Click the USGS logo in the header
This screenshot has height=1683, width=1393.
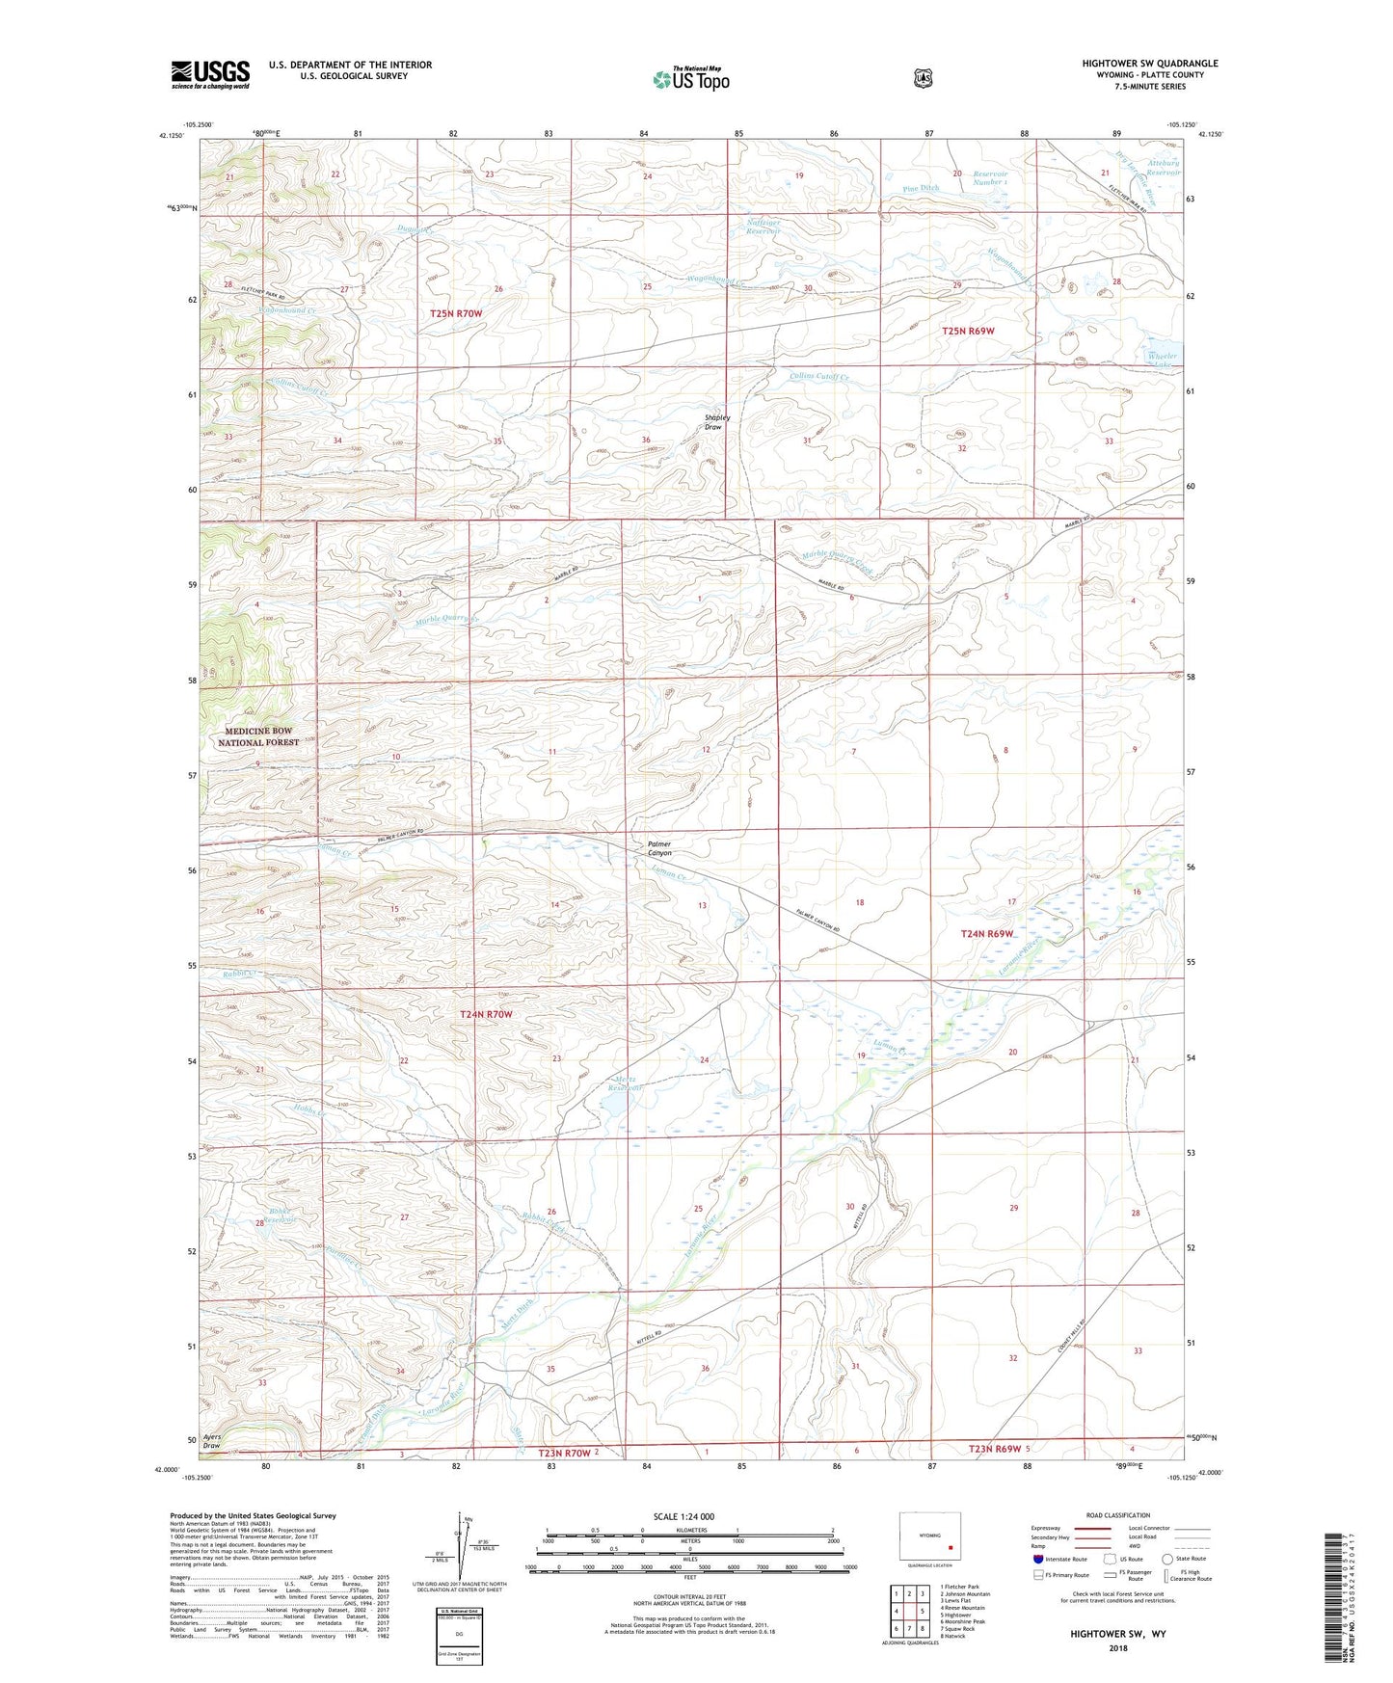coord(210,74)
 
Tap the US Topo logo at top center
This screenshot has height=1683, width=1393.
coord(689,79)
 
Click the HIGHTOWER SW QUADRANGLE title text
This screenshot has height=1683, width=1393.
coord(1149,64)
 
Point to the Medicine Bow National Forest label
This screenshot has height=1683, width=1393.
coord(254,736)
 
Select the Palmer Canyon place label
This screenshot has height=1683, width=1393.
coord(659,848)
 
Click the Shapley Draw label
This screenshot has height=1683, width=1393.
coord(717,422)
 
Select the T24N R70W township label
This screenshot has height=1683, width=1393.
coord(485,1014)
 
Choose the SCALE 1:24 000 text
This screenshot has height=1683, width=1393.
coord(683,1516)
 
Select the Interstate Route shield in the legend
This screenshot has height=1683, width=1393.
coord(1038,1559)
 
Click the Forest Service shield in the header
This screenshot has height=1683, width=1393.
coord(923,78)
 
